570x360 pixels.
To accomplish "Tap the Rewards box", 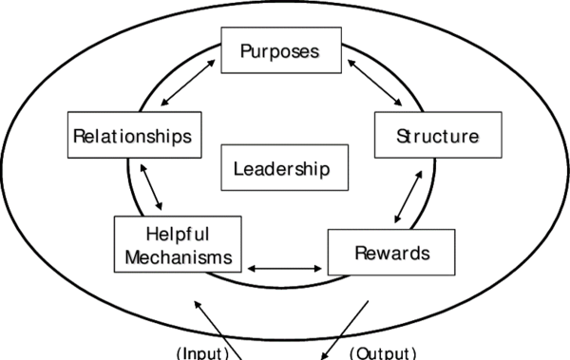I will pos(391,253).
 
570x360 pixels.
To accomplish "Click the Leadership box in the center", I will pos(282,170).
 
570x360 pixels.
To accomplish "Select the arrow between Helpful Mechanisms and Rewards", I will pos(284,269).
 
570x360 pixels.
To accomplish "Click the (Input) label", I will pos(204,352).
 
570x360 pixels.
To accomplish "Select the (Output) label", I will pos(383,352).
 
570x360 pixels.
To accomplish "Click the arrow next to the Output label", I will pos(345,329).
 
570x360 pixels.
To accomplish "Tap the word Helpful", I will pos(178,235).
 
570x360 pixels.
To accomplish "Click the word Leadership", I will pos(282,170).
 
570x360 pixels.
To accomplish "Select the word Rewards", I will pos(391,253).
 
